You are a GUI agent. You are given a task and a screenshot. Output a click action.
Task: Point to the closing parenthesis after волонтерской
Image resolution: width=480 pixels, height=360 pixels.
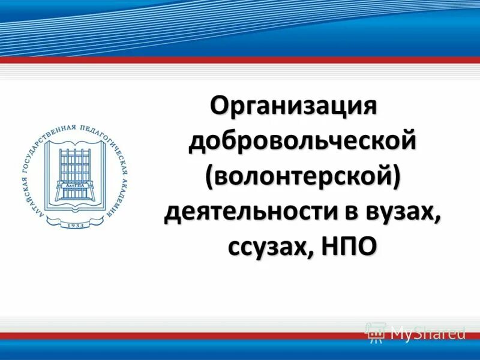(x=397, y=178)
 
